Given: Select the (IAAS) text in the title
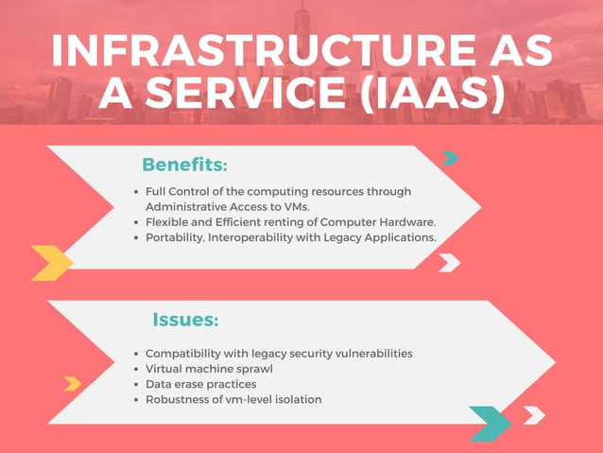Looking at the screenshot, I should tap(430, 95).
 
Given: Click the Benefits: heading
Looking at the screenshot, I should tap(184, 165).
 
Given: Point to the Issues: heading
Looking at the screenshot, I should tap(185, 321).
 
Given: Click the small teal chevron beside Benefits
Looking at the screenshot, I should tap(450, 158).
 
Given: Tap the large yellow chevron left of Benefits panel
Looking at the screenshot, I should tap(52, 262).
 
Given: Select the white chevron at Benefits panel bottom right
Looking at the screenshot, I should tap(449, 262).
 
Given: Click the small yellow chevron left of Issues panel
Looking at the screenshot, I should tap(73, 383).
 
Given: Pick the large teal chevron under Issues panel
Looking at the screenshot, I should tap(490, 422).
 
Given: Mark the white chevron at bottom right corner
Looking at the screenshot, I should tap(533, 415).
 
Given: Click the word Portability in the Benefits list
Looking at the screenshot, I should tap(176, 237).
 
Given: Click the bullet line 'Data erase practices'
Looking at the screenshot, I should tap(200, 384).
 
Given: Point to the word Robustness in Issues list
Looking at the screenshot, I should tap(179, 399).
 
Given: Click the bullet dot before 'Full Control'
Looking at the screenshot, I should tap(138, 191).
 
